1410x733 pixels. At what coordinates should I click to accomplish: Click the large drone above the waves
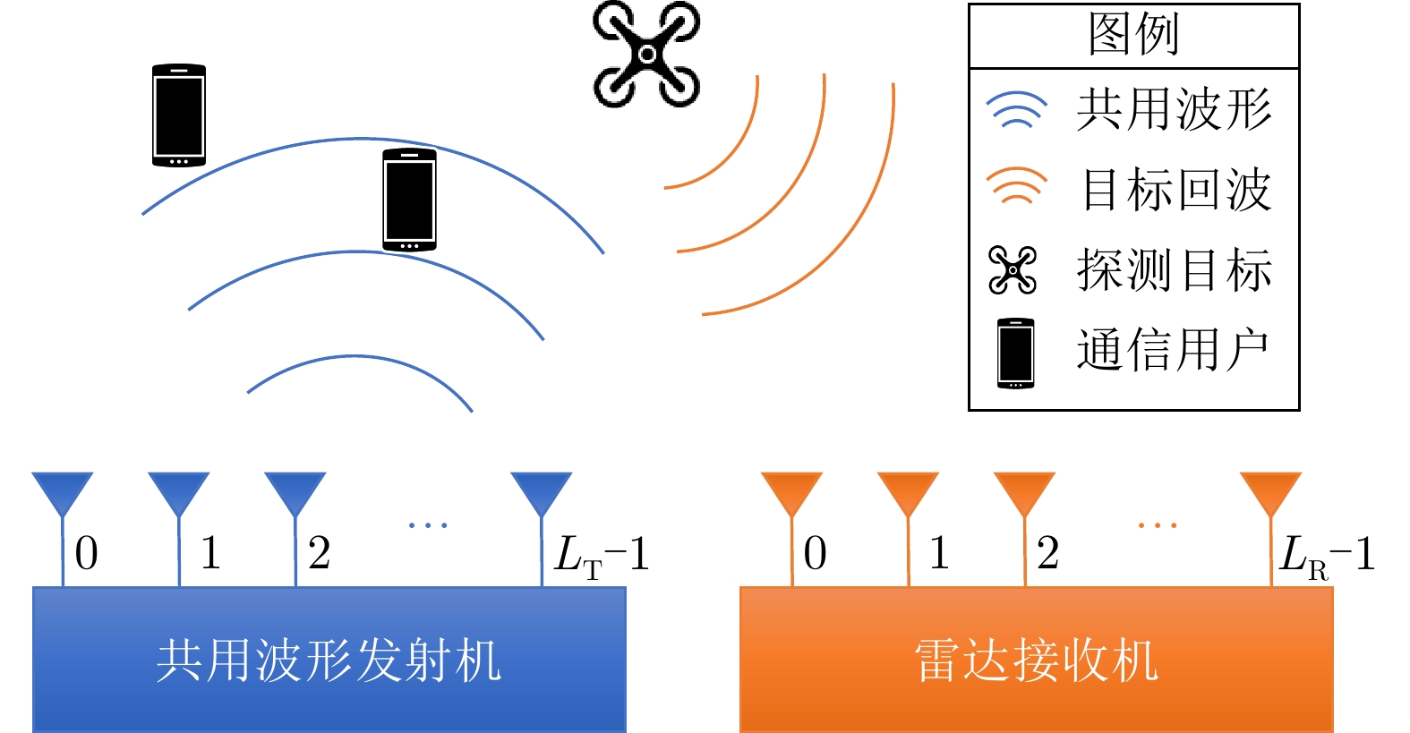[x=646, y=55]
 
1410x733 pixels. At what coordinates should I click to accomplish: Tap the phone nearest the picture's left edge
[x=179, y=115]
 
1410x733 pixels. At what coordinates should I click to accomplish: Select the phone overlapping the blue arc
[x=409, y=200]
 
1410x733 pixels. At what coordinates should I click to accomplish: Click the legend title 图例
[x=1133, y=35]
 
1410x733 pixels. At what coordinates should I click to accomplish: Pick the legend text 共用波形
[x=1174, y=110]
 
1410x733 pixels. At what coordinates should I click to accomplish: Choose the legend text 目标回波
[x=1175, y=190]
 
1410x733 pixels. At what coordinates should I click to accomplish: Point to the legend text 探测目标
[x=1174, y=269]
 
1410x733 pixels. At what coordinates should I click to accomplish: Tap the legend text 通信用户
[x=1174, y=349]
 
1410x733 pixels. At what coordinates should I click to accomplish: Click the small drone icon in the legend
[x=1013, y=269]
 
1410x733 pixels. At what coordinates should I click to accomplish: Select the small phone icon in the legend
[x=1016, y=353]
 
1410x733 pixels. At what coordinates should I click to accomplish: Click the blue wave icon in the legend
[x=1016, y=110]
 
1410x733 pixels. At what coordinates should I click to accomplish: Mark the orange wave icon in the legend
[x=1016, y=186]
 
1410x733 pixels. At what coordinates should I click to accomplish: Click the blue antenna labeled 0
[x=63, y=494]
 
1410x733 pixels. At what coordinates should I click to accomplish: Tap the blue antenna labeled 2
[x=295, y=494]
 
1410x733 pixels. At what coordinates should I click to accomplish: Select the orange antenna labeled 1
[x=909, y=494]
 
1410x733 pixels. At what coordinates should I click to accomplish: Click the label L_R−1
[x=1328, y=555]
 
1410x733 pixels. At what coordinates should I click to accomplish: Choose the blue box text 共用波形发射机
[x=329, y=661]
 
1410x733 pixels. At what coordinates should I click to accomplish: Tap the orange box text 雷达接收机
[x=1036, y=661]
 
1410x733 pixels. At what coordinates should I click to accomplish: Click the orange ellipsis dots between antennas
[x=1158, y=525]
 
